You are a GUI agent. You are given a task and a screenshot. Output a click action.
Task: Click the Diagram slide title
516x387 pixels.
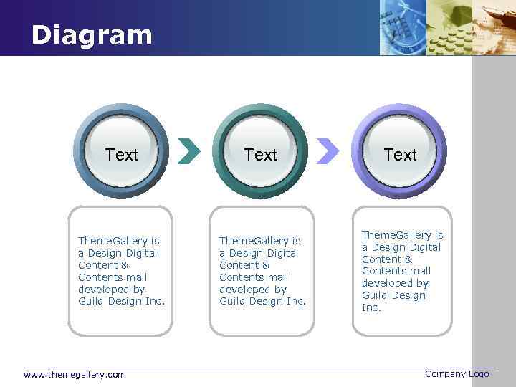tap(92, 35)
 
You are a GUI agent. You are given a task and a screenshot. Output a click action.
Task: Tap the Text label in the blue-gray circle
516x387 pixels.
tap(121, 155)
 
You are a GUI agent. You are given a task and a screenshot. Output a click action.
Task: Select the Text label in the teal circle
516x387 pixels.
tap(260, 155)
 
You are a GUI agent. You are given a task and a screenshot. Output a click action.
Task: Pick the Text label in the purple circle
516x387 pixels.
tap(400, 155)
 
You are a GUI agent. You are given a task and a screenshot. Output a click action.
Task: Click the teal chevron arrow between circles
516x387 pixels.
tap(188, 150)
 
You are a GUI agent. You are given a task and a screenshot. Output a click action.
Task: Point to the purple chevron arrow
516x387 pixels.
tap(328, 150)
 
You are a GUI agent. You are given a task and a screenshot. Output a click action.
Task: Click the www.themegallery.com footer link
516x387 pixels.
tap(75, 375)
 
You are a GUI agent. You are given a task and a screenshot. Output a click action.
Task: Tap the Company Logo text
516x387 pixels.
tap(457, 374)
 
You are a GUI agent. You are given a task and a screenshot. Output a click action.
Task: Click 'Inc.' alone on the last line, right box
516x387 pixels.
tap(371, 307)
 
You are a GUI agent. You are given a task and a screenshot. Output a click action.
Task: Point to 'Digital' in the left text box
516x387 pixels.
tap(140, 253)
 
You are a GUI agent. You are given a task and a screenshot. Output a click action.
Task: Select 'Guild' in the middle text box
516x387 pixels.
tap(232, 301)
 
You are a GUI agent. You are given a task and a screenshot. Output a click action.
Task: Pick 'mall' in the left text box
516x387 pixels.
tap(136, 277)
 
